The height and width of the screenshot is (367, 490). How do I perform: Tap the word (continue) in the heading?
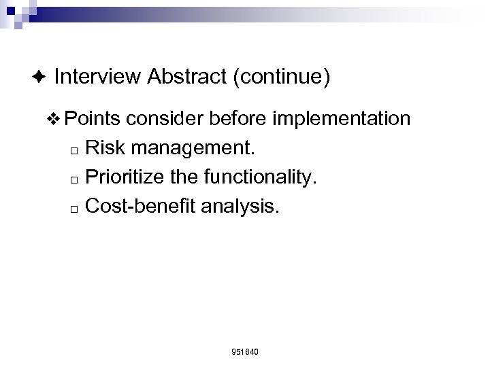(x=282, y=77)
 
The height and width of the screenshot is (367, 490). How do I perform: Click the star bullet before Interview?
(x=40, y=78)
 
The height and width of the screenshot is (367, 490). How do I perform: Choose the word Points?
(x=92, y=120)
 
